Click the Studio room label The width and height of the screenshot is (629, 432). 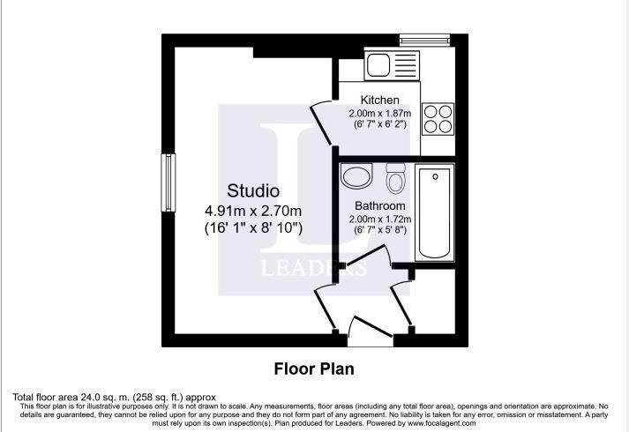pos(253,190)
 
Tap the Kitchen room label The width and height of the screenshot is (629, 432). pos(380,100)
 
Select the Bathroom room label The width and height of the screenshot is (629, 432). pos(380,205)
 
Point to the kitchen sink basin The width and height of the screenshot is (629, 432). pos(378,64)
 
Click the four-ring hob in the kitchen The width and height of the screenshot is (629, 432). pos(438,118)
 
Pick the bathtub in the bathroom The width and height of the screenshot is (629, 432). pos(434,212)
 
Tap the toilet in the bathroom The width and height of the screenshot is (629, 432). pos(395,178)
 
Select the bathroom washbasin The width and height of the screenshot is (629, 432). pos(356,175)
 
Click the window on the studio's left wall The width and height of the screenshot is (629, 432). pos(168,182)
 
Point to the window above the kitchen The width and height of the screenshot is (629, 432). pos(425,40)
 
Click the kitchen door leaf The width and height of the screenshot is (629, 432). pos(322,125)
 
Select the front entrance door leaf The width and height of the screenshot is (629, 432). pos(372,326)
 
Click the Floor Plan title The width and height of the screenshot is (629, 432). pos(314,369)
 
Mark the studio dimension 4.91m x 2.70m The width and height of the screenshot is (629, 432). pos(253,211)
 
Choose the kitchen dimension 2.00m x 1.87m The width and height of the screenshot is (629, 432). pos(380,114)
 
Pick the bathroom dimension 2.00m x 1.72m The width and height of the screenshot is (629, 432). pos(380,220)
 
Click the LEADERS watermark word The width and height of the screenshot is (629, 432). pos(314,268)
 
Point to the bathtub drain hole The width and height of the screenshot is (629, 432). pos(435,176)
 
